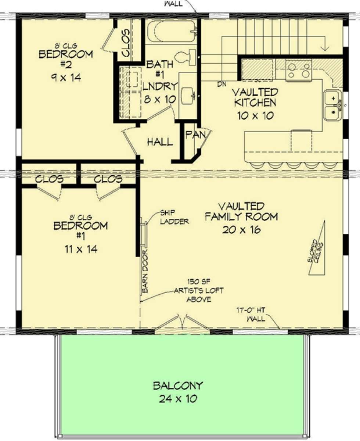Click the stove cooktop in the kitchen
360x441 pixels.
pos(299,70)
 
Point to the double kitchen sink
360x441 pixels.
pos(333,105)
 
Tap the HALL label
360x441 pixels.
pos(160,142)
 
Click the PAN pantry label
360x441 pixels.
pos(196,135)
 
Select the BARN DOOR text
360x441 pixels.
pos(145,271)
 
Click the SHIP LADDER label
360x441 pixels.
pos(174,217)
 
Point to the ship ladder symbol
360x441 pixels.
pos(144,233)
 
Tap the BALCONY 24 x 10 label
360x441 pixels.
pos(178,392)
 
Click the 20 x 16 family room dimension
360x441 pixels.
pos(241,230)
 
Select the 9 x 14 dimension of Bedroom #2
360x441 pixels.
pos(66,78)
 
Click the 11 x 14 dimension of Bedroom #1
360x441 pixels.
pos(81,249)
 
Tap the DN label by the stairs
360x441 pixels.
pos(222,84)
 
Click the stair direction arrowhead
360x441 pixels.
pos(324,48)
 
